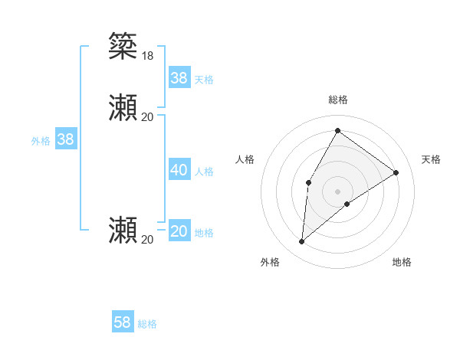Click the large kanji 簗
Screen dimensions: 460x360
click(123, 45)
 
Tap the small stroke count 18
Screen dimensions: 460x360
click(147, 55)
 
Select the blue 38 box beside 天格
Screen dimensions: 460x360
click(179, 78)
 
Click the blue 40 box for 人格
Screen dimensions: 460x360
click(179, 170)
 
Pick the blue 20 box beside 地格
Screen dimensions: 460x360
click(179, 231)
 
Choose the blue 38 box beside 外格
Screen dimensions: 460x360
click(66, 139)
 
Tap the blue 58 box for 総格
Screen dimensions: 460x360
click(123, 322)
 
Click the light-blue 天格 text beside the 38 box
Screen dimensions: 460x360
click(204, 80)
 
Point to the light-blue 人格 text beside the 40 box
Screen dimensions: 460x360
click(204, 172)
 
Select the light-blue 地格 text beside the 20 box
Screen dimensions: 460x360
click(204, 233)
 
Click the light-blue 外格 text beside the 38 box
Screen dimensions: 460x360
click(41, 141)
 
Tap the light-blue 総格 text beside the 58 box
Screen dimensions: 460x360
click(147, 324)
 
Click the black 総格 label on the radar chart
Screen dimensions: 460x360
click(338, 100)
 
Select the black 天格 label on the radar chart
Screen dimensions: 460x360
click(432, 159)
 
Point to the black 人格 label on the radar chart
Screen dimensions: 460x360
click(245, 159)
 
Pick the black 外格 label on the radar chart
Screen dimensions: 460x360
click(269, 262)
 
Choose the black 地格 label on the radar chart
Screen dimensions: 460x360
click(402, 262)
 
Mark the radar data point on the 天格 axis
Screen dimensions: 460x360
click(396, 172)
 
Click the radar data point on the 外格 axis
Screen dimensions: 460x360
click(302, 242)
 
